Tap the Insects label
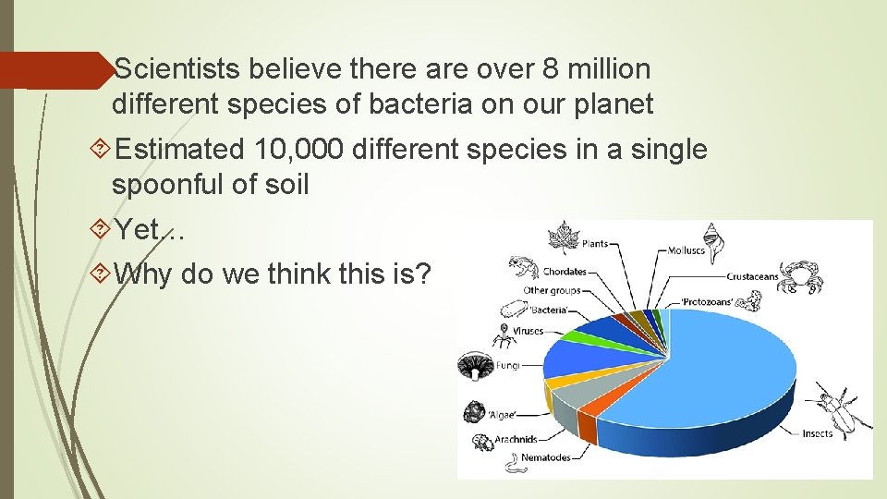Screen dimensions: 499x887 pyautogui.click(x=816, y=433)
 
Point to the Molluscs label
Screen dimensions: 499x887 pyautogui.click(x=687, y=249)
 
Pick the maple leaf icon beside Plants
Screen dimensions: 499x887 pyautogui.click(x=561, y=237)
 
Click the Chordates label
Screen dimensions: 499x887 pyautogui.click(x=564, y=272)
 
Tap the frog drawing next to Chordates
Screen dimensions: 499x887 pyautogui.click(x=522, y=269)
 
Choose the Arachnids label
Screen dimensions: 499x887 pyautogui.click(x=516, y=439)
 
